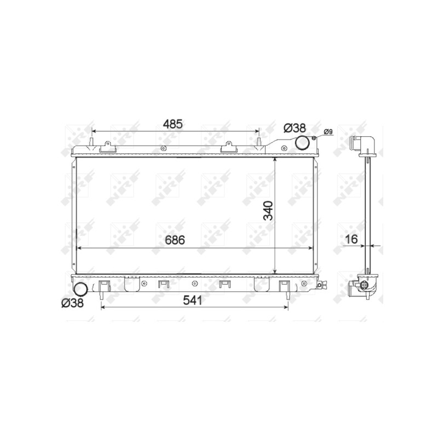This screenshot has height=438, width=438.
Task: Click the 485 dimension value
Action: pos(173,124)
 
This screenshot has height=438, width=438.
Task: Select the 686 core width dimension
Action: pos(175,240)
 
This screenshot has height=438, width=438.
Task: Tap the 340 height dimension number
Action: pos(268,211)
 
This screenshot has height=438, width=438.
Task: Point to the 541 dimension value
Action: pos(192,300)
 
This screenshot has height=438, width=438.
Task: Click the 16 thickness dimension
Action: pos(351,239)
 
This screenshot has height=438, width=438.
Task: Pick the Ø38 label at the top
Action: pos(295,128)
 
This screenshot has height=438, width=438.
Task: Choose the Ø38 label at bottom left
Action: pos(72,303)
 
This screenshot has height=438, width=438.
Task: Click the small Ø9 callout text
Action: pos(328,131)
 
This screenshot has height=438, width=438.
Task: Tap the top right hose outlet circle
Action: pos(302,142)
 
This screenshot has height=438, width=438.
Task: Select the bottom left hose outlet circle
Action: pos(80,289)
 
